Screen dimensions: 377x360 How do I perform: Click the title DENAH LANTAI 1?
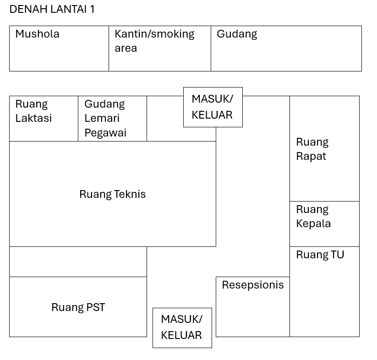52,9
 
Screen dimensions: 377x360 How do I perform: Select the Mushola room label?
37,34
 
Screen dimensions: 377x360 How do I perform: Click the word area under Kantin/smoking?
126,48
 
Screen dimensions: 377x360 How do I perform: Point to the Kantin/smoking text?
154,34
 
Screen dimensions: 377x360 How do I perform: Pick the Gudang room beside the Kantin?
286,49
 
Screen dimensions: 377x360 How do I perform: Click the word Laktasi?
33,118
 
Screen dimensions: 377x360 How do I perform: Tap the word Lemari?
102,118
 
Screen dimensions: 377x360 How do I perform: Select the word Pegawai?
105,133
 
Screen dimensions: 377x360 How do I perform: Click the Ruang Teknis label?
113,194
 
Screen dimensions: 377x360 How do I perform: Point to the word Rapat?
311,157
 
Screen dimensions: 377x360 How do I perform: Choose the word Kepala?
313,224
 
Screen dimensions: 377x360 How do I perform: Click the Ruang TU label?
320,255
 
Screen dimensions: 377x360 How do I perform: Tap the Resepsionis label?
253,285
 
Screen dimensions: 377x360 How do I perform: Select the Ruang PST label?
78,307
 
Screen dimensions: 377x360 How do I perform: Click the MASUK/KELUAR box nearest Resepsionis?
182,328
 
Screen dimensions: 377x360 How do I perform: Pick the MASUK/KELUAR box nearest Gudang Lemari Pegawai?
213,107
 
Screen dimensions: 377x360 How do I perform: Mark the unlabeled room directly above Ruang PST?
78,262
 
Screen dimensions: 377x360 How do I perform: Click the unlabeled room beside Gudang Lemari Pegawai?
165,119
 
